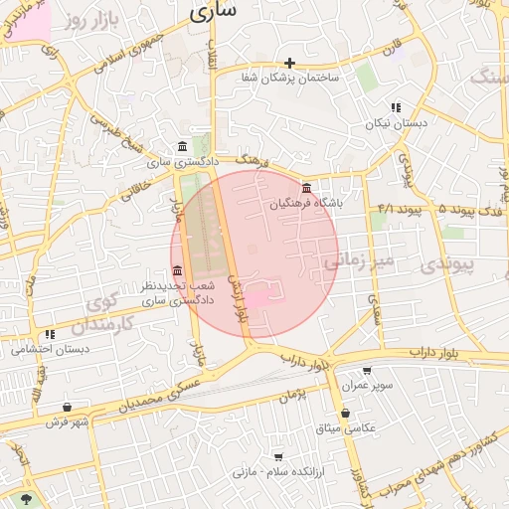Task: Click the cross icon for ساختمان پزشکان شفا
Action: click(289, 63)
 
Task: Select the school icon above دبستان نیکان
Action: click(395, 107)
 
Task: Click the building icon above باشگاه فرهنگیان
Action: click(305, 189)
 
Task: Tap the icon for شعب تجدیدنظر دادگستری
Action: click(177, 270)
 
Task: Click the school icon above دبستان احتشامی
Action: click(50, 334)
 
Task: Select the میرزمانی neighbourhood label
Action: click(358, 261)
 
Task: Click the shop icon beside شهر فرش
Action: click(67, 408)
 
